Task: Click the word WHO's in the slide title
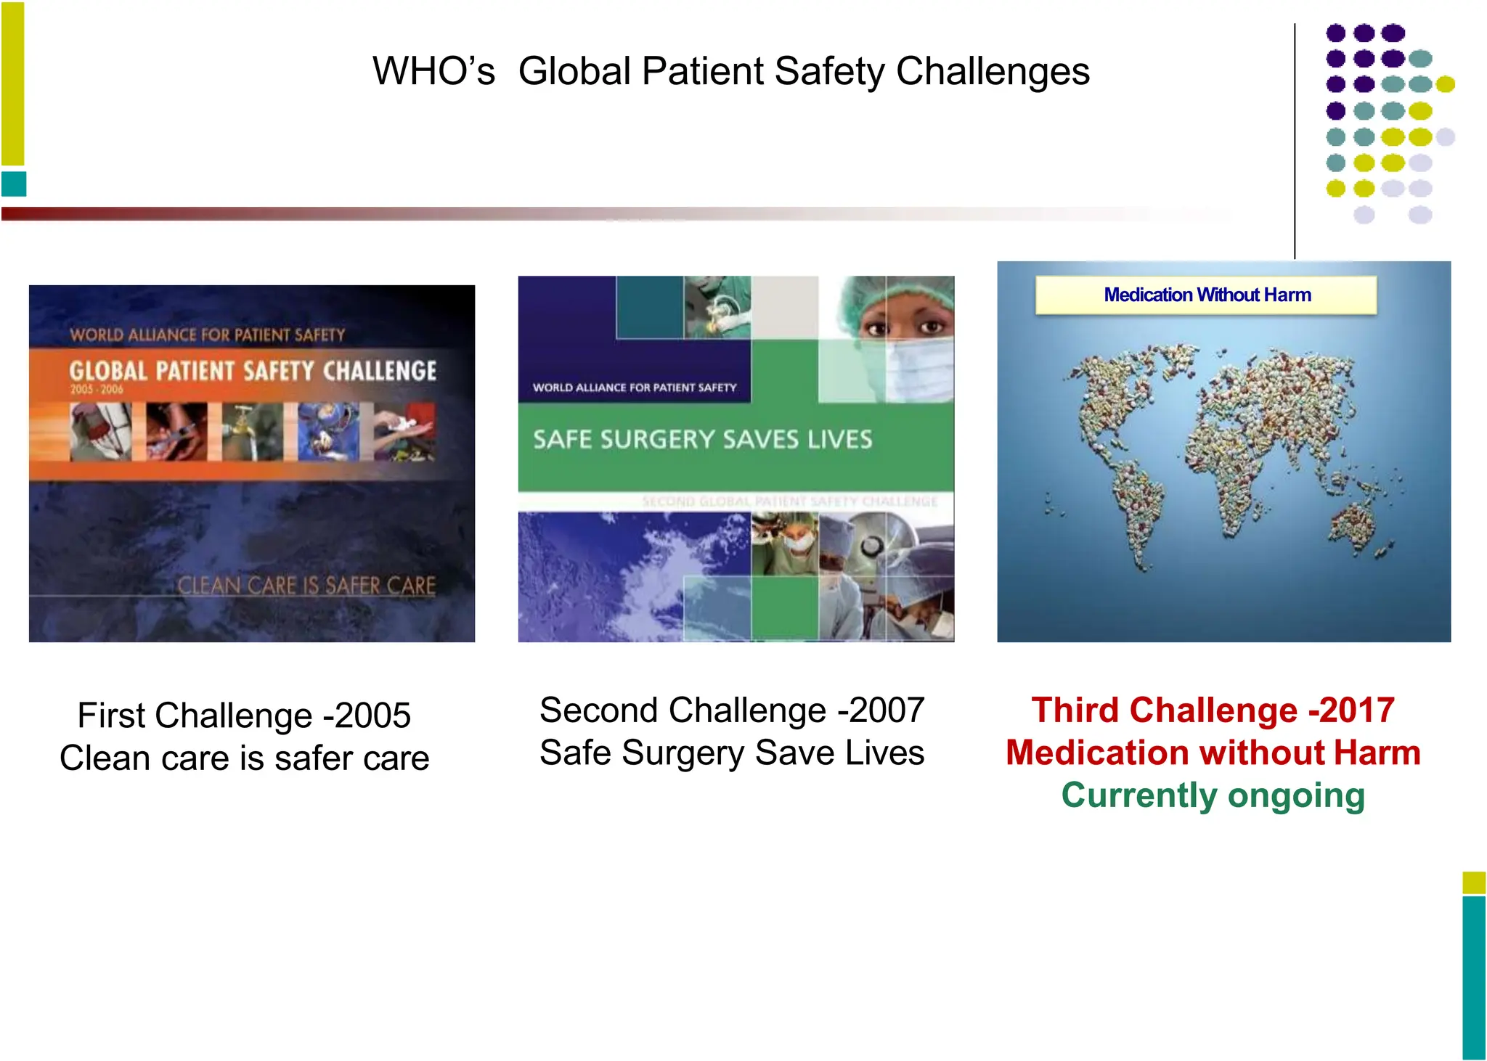(433, 71)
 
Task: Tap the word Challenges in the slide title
(993, 71)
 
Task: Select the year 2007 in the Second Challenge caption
(886, 710)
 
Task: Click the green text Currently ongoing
(1213, 795)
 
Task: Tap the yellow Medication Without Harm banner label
(1207, 295)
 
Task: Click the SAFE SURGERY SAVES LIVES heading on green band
(702, 440)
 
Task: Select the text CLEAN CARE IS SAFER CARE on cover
(306, 586)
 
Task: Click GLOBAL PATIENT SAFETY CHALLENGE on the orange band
(253, 371)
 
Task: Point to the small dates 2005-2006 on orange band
(97, 390)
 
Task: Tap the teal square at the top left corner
(14, 184)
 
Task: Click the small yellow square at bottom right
(1473, 882)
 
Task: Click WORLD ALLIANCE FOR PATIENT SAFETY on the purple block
(635, 388)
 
